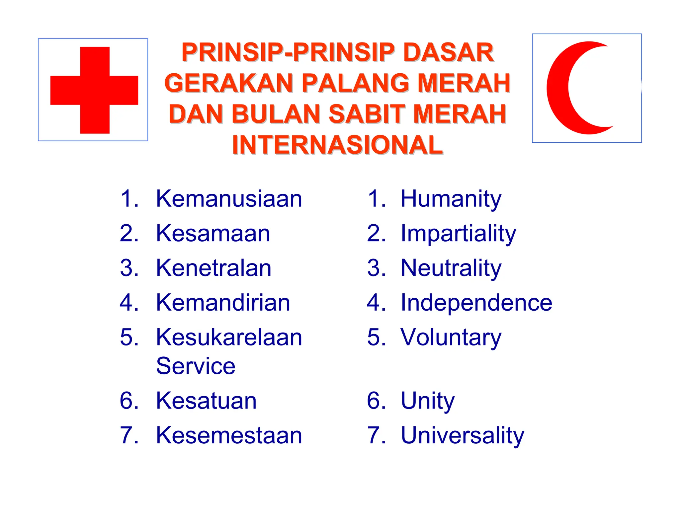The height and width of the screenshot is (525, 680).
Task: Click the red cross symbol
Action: [x=94, y=90]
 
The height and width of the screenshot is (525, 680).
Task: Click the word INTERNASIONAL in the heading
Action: [x=337, y=145]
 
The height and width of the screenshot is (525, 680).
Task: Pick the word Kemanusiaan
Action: [x=229, y=199]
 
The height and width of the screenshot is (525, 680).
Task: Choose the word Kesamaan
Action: [x=213, y=233]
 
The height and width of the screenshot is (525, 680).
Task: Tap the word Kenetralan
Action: [x=214, y=268]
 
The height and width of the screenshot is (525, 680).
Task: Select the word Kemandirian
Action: [x=223, y=302]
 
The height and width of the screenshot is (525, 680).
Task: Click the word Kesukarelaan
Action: [x=229, y=337]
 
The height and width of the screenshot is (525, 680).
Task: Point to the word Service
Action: [x=196, y=366]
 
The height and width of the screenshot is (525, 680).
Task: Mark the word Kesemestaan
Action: [x=229, y=435]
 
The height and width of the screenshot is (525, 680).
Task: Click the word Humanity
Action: [x=451, y=199]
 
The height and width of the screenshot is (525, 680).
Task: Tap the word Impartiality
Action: [x=458, y=234]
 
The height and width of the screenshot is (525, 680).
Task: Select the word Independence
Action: [x=476, y=302]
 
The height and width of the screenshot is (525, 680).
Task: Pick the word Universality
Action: [x=463, y=436]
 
